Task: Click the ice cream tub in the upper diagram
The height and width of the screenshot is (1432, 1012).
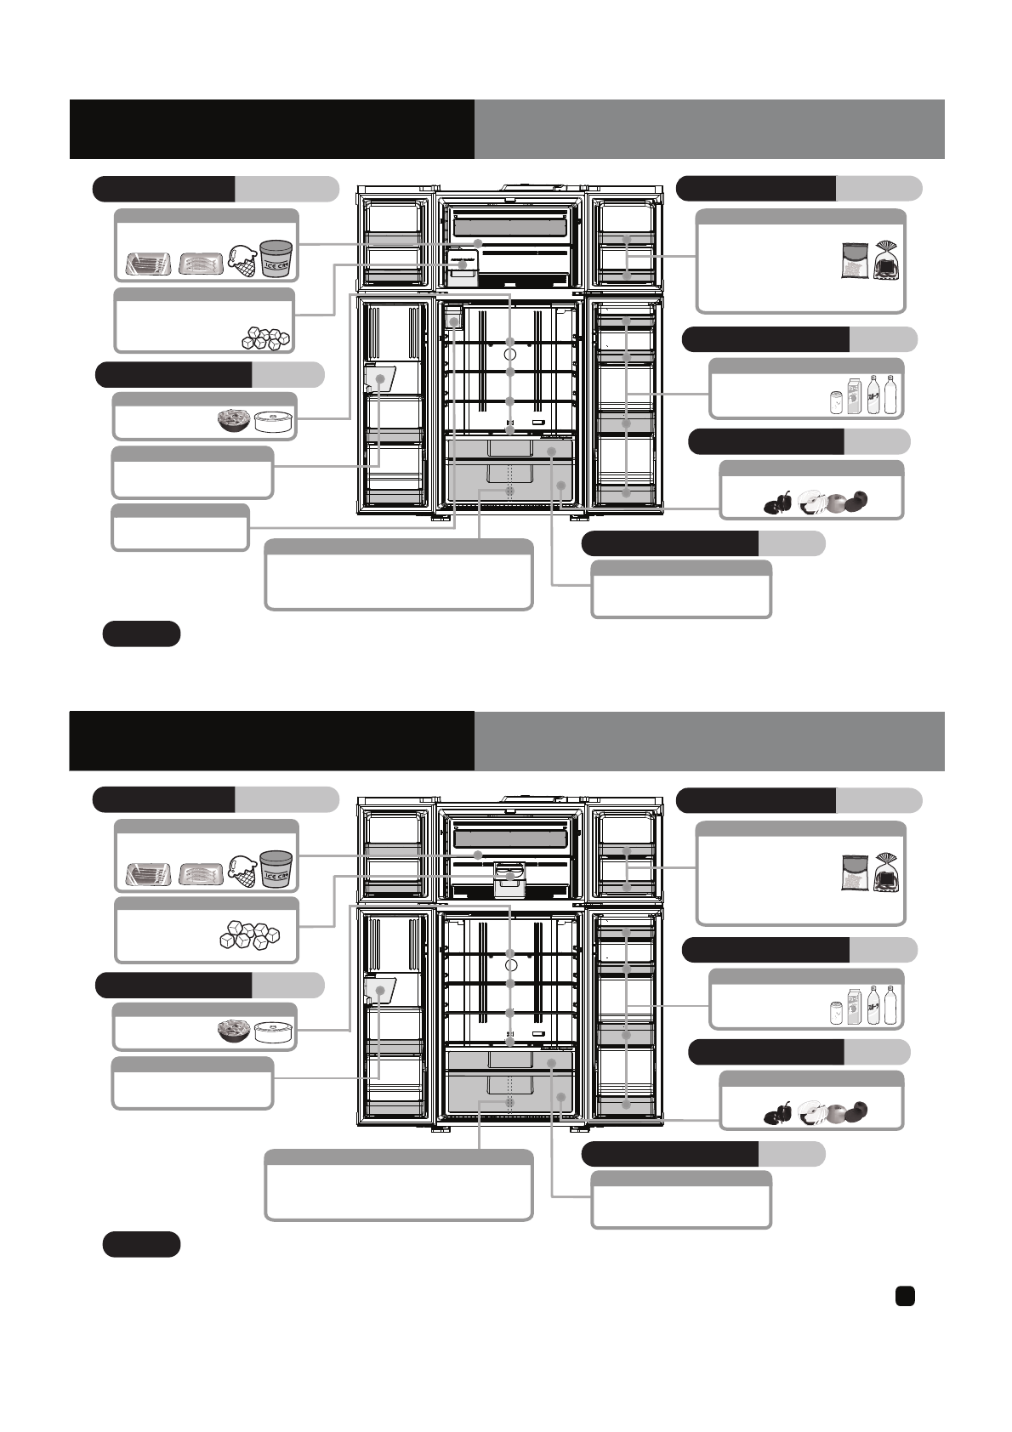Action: [276, 257]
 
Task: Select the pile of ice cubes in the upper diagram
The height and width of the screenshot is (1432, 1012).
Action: [264, 338]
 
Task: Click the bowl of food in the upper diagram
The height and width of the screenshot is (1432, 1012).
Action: [234, 420]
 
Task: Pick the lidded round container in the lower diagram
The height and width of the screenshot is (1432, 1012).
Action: [274, 1031]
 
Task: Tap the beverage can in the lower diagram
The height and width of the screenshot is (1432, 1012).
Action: [836, 1012]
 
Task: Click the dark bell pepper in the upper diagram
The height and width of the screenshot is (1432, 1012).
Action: [778, 503]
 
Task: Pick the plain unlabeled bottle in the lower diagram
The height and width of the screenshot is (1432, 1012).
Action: [890, 1005]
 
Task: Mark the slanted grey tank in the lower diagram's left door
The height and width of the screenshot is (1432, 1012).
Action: [380, 991]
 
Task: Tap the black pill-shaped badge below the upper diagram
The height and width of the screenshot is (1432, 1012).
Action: [141, 634]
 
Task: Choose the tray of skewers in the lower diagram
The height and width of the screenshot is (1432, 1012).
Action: [201, 875]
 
